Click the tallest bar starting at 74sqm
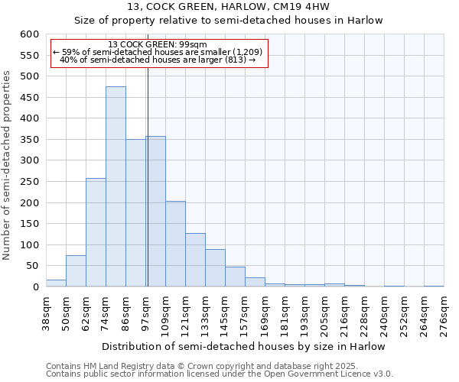pyautogui.click(x=116, y=187)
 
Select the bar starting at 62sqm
pyautogui.click(x=96, y=233)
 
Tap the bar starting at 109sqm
pyautogui.click(x=175, y=244)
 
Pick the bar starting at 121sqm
pyautogui.click(x=195, y=261)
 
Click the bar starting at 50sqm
pyautogui.click(x=76, y=271)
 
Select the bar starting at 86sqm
pyautogui.click(x=135, y=213)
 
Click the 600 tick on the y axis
pyautogui.click(x=29, y=34)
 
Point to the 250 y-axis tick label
pyautogui.click(x=29, y=182)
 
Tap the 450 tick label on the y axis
pyautogui.click(x=29, y=98)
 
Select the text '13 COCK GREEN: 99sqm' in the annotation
pyautogui.click(x=158, y=45)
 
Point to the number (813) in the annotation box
pyautogui.click(x=236, y=60)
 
